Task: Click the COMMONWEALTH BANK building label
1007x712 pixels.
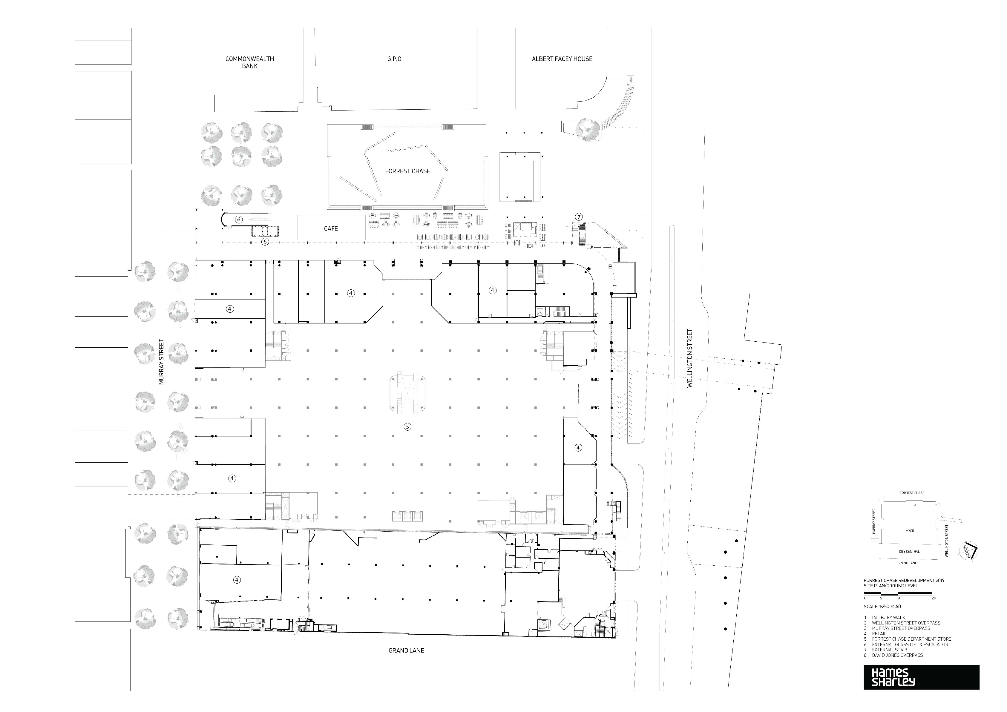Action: tap(249, 62)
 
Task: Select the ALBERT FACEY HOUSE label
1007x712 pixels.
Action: tap(562, 59)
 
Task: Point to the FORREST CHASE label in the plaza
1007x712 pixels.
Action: tap(407, 171)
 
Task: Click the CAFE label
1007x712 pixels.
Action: tap(331, 228)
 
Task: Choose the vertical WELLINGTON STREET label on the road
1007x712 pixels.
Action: tap(689, 358)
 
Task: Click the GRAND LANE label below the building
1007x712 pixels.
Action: tap(406, 650)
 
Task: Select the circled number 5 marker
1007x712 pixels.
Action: tap(407, 426)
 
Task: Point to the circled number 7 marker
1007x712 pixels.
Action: tap(579, 217)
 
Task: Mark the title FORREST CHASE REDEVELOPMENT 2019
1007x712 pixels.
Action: tap(904, 581)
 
